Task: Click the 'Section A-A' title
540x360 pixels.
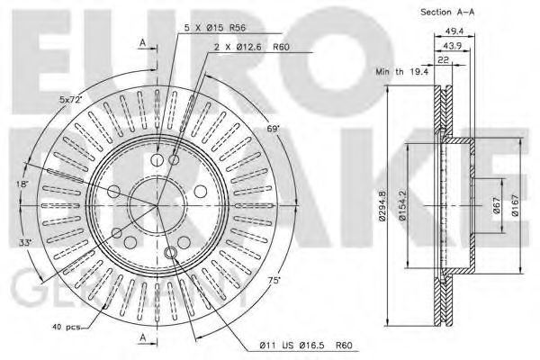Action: [x=449, y=12]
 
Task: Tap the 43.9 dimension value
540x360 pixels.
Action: [x=450, y=46]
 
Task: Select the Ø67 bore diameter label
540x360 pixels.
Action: [x=496, y=208]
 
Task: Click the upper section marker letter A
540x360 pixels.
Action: [x=142, y=42]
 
